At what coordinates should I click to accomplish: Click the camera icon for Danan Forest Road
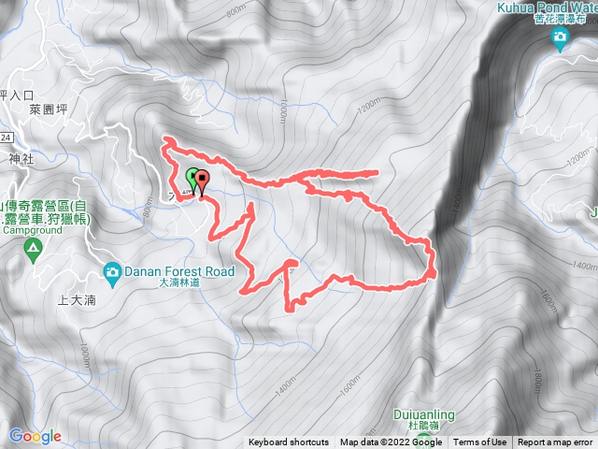pyautogui.click(x=111, y=272)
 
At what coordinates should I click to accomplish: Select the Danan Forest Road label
pyautogui.click(x=166, y=272)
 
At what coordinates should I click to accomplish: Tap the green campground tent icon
pyautogui.click(x=32, y=249)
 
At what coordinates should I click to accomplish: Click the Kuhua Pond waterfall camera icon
pyautogui.click(x=560, y=39)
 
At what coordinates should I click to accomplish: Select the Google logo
pyautogui.click(x=35, y=436)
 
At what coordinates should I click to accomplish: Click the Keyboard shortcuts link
pyautogui.click(x=288, y=442)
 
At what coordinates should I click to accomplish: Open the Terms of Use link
pyautogui.click(x=480, y=442)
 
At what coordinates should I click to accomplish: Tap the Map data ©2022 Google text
pyautogui.click(x=391, y=442)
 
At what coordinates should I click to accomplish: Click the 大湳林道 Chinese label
pyautogui.click(x=181, y=282)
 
